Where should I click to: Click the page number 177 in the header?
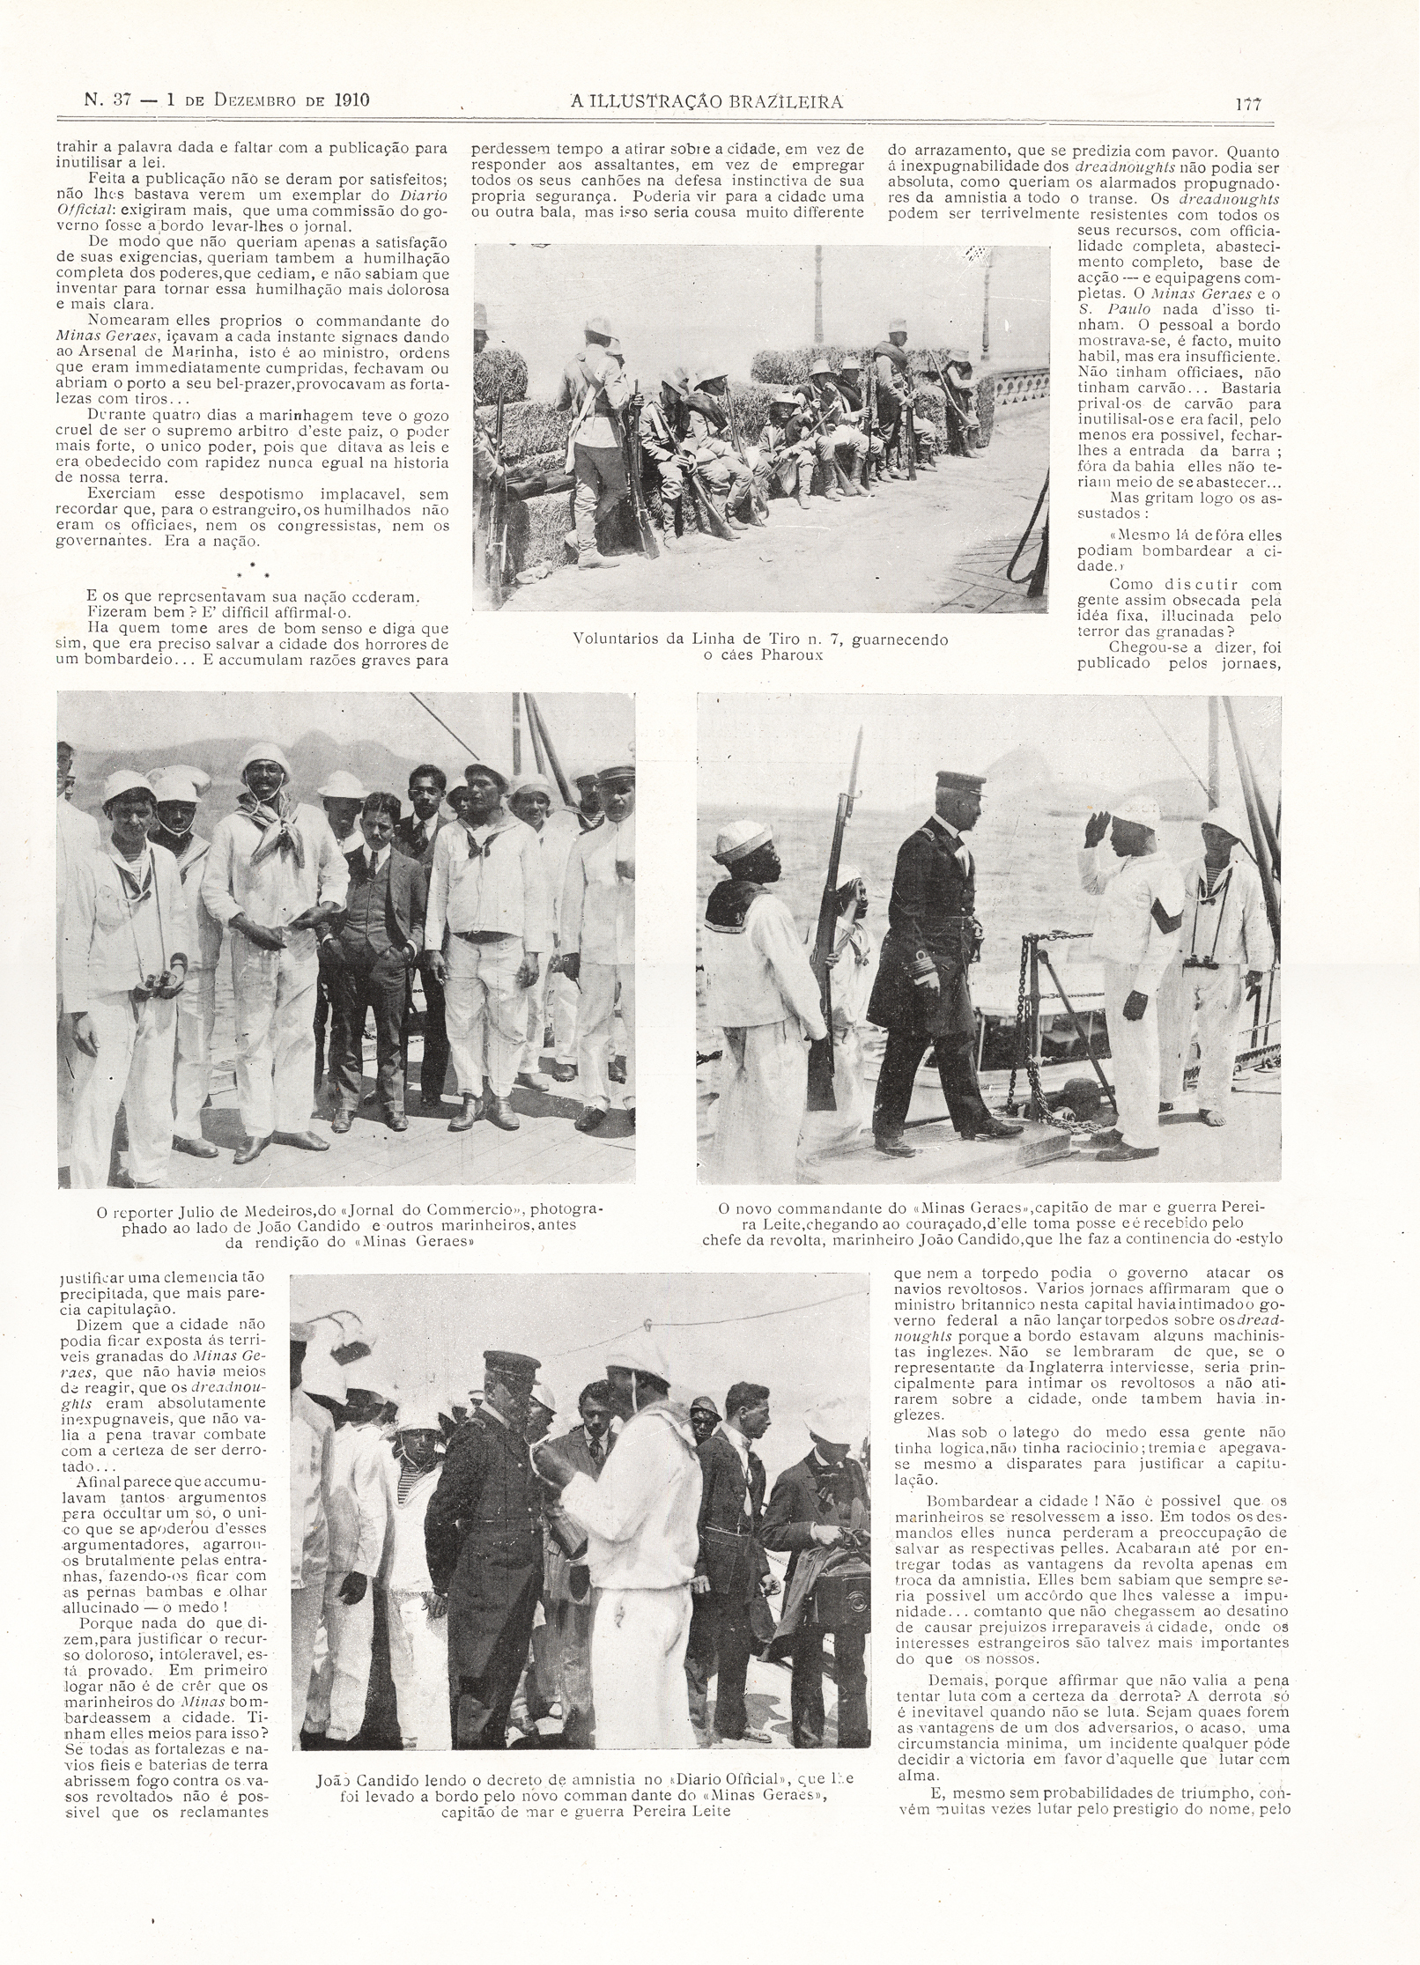[1248, 102]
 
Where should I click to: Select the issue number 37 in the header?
[120, 99]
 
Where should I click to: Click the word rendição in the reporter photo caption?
[282, 1242]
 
